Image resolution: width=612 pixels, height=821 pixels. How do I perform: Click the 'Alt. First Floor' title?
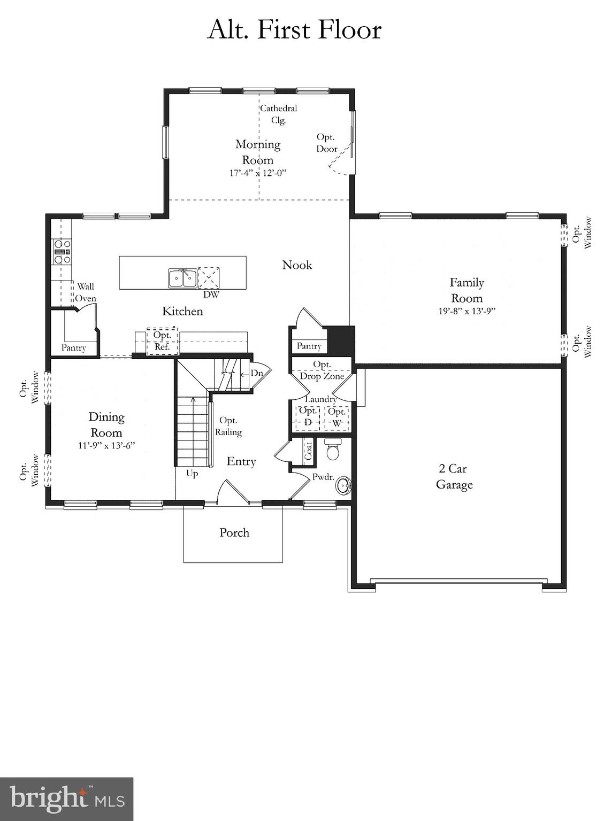[294, 29]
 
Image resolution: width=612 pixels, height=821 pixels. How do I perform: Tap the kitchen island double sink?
[182, 278]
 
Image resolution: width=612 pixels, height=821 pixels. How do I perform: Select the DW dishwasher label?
[211, 294]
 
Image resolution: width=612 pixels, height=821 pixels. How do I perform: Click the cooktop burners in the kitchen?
[62, 251]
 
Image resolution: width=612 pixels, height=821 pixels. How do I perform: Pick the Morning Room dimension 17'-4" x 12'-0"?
[258, 173]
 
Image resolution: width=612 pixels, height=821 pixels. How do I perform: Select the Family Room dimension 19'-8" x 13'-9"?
[466, 311]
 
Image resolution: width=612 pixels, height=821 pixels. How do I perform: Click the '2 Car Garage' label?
[454, 476]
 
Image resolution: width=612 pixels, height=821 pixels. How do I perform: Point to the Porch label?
[234, 532]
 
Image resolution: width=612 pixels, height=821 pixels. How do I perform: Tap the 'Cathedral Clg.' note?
[279, 114]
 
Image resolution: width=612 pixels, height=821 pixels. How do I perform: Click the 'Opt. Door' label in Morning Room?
[326, 143]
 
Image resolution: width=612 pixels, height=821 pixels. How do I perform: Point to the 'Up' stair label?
[192, 474]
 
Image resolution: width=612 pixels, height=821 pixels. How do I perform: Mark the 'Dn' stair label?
[257, 373]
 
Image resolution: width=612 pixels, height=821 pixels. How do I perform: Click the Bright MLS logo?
[66, 799]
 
